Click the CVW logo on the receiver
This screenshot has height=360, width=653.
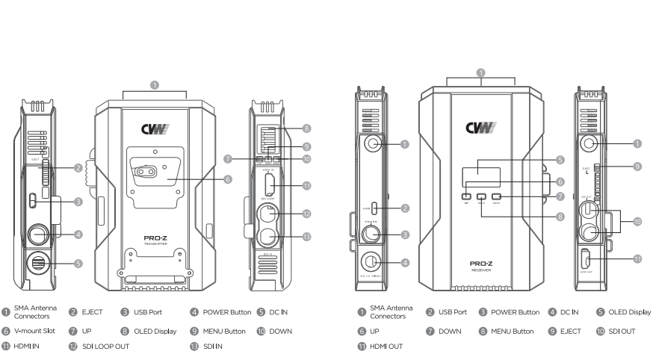pos(480,128)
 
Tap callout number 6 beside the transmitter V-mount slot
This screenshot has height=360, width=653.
pos(227,179)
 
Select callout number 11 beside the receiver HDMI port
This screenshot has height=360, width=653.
pos(637,260)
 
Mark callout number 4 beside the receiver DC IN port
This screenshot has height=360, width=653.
pos(404,262)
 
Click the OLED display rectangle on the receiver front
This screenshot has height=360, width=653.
pos(480,173)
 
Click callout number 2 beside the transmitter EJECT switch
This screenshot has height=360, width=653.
pos(78,168)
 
